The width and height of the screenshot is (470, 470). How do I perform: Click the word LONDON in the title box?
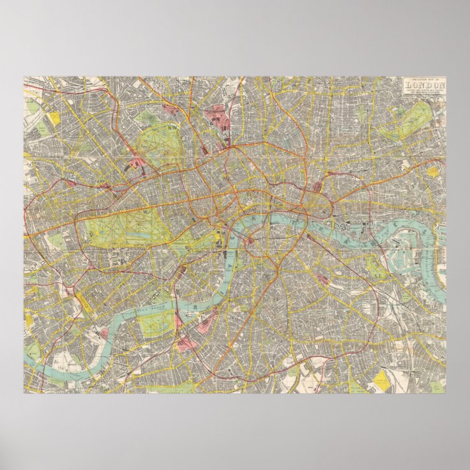(x=423, y=86)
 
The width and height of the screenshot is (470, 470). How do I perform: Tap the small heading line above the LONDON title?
(x=423, y=79)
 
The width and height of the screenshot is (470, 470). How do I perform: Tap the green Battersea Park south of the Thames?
(x=156, y=322)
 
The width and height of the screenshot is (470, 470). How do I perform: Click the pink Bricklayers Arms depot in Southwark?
(x=322, y=279)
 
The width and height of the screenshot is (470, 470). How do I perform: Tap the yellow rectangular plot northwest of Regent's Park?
(x=54, y=117)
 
